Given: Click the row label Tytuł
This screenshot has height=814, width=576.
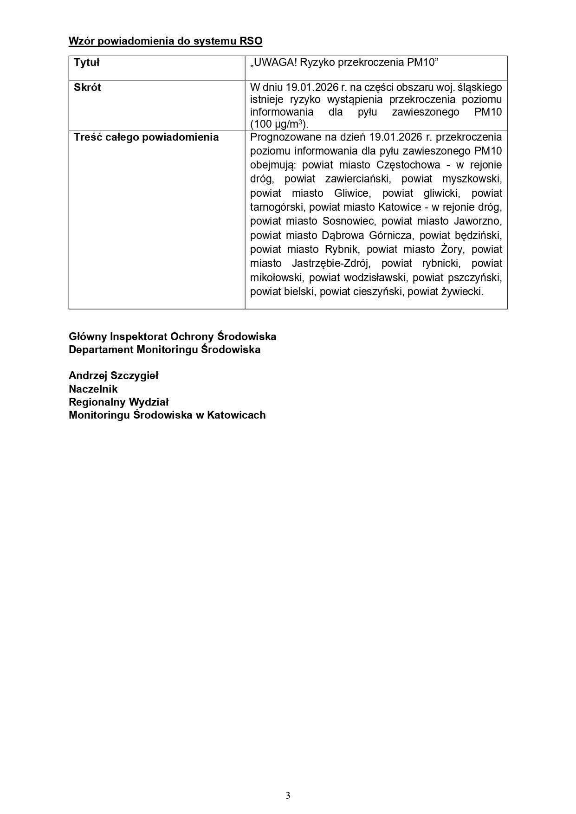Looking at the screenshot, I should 87,63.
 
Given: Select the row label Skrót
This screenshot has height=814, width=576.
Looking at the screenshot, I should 87,88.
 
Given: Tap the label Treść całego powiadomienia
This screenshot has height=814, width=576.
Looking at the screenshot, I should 146,137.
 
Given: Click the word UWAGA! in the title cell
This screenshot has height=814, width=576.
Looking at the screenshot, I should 272,63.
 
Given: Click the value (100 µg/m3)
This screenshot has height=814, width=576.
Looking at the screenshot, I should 279,124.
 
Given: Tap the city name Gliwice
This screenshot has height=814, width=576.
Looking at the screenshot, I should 351,193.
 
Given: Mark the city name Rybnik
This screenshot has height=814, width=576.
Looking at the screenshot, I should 341,250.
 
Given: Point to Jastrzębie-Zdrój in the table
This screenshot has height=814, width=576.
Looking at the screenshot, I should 330,264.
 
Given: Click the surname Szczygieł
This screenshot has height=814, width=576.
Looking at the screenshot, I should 134,376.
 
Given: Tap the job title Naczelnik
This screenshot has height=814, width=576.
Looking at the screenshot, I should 93,389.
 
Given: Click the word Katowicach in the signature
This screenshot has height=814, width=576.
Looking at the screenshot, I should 236,415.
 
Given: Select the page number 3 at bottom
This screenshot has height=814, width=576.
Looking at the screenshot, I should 288,795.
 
